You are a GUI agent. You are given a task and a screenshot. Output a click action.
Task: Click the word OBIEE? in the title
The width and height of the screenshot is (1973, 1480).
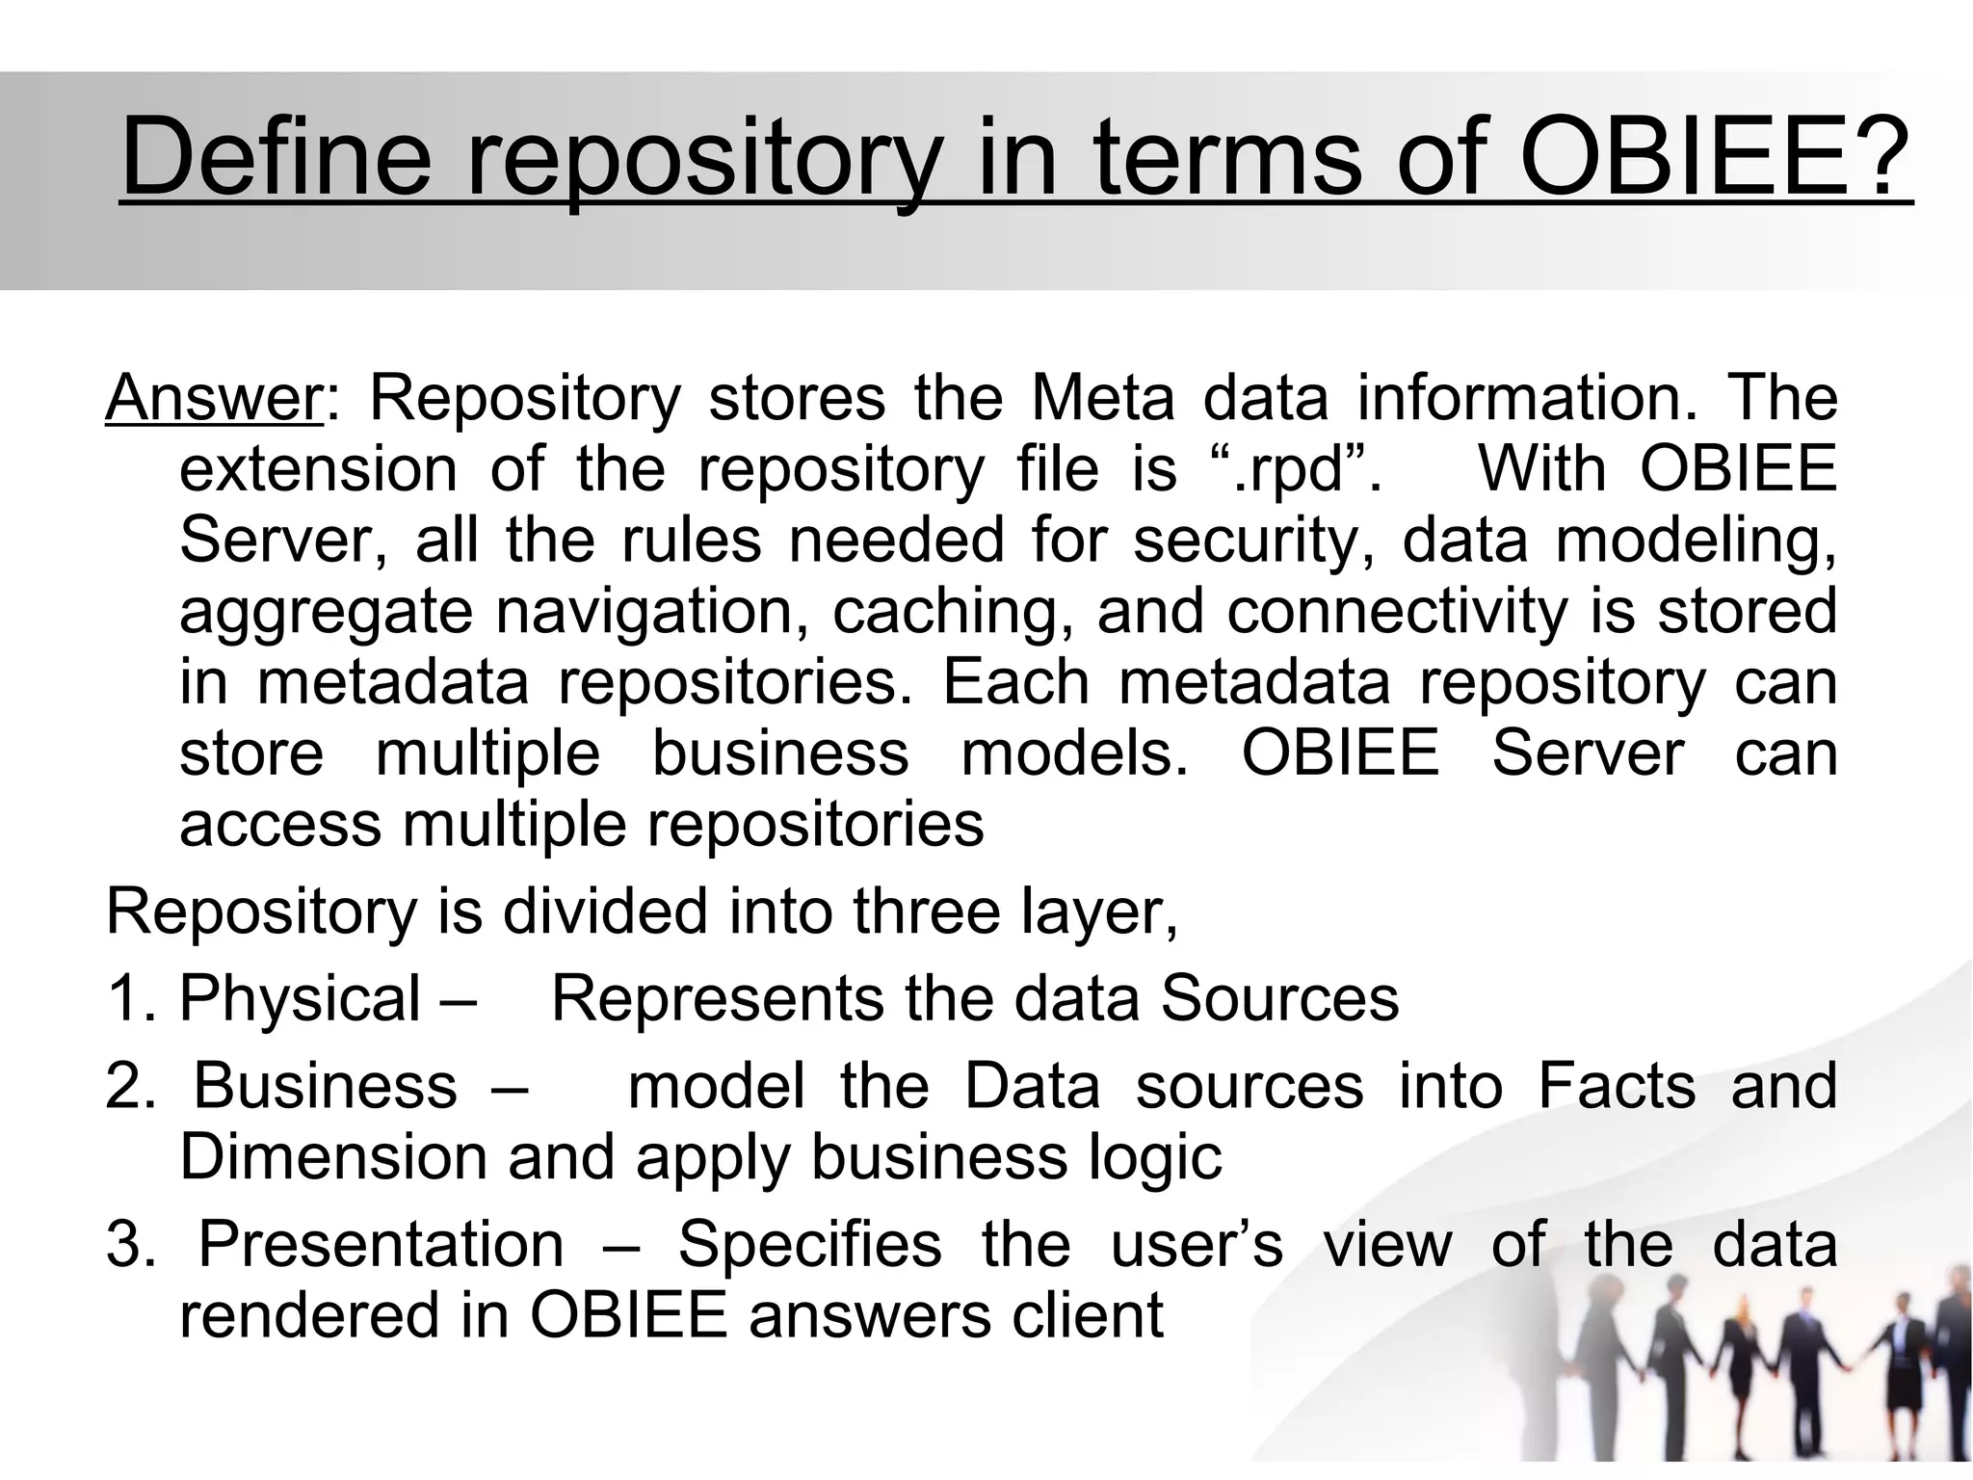coord(1716,157)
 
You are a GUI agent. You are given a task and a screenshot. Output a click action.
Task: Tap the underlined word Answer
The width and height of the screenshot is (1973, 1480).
coord(213,398)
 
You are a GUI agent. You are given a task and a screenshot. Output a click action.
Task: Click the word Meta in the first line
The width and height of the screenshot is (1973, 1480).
coord(1102,398)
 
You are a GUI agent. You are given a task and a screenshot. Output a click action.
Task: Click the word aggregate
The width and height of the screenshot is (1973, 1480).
coord(326,613)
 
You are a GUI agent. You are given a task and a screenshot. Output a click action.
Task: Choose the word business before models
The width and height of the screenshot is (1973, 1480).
coord(780,753)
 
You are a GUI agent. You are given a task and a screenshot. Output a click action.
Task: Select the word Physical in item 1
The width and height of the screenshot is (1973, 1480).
coord(300,998)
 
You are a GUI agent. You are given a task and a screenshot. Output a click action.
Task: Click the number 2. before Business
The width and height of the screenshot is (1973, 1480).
coord(130,1086)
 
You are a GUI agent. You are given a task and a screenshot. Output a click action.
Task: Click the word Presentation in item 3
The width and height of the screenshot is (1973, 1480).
coord(381,1244)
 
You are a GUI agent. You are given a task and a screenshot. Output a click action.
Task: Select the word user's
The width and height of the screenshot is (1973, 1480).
coord(1197,1244)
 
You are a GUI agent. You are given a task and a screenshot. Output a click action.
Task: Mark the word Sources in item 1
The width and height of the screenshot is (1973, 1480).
coord(1278,998)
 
